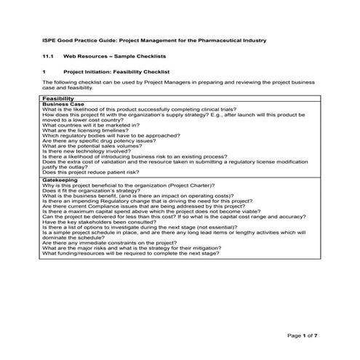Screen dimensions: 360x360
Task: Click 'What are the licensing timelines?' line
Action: pos(88,129)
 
